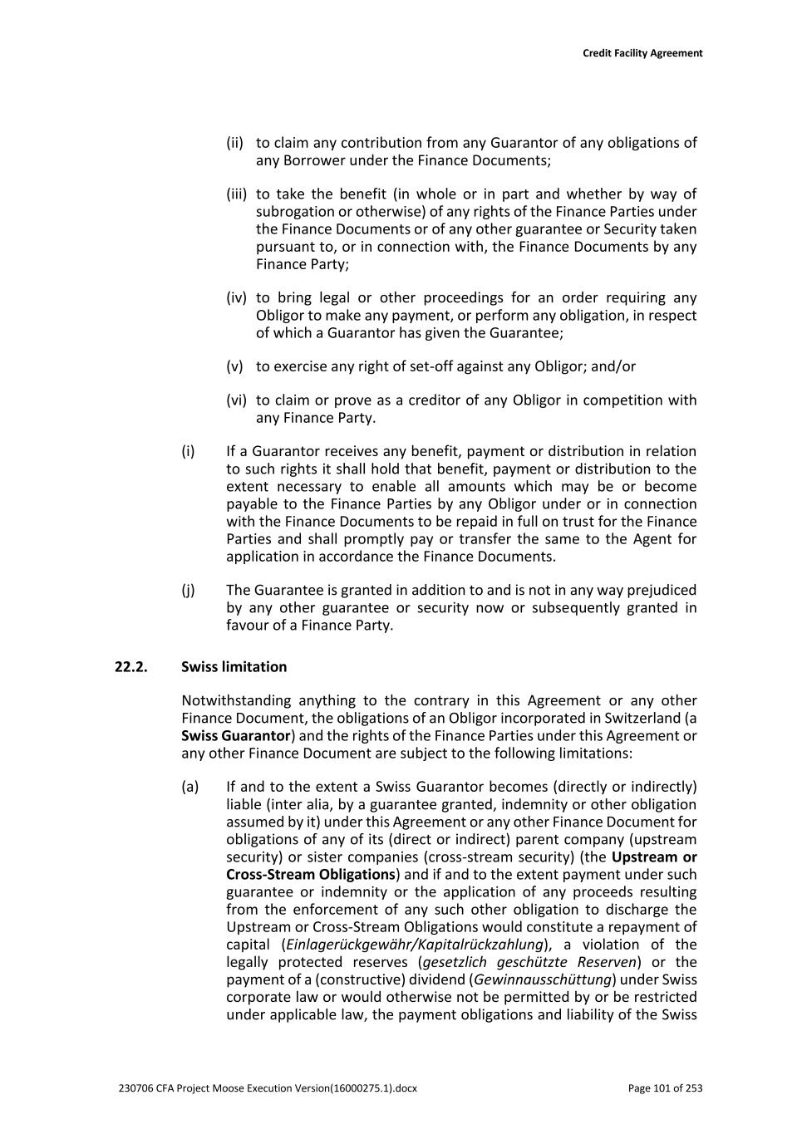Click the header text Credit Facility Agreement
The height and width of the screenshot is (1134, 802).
click(x=642, y=53)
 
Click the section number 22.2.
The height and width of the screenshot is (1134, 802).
click(x=130, y=667)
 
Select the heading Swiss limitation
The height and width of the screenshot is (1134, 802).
click(x=234, y=667)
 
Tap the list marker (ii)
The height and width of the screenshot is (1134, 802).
click(x=235, y=143)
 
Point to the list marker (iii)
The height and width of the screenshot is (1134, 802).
click(x=236, y=194)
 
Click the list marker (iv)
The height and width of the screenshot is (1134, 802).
click(x=236, y=297)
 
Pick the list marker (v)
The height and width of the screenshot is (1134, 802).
click(x=234, y=366)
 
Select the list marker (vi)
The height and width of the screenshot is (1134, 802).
click(x=236, y=400)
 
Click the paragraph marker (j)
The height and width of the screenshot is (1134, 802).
click(x=189, y=590)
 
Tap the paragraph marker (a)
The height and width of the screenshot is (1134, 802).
click(x=189, y=787)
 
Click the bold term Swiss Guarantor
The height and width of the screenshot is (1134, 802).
click(x=236, y=736)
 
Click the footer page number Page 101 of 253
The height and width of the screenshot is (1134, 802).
click(x=665, y=1088)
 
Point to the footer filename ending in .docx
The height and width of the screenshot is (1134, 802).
click(x=268, y=1088)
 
